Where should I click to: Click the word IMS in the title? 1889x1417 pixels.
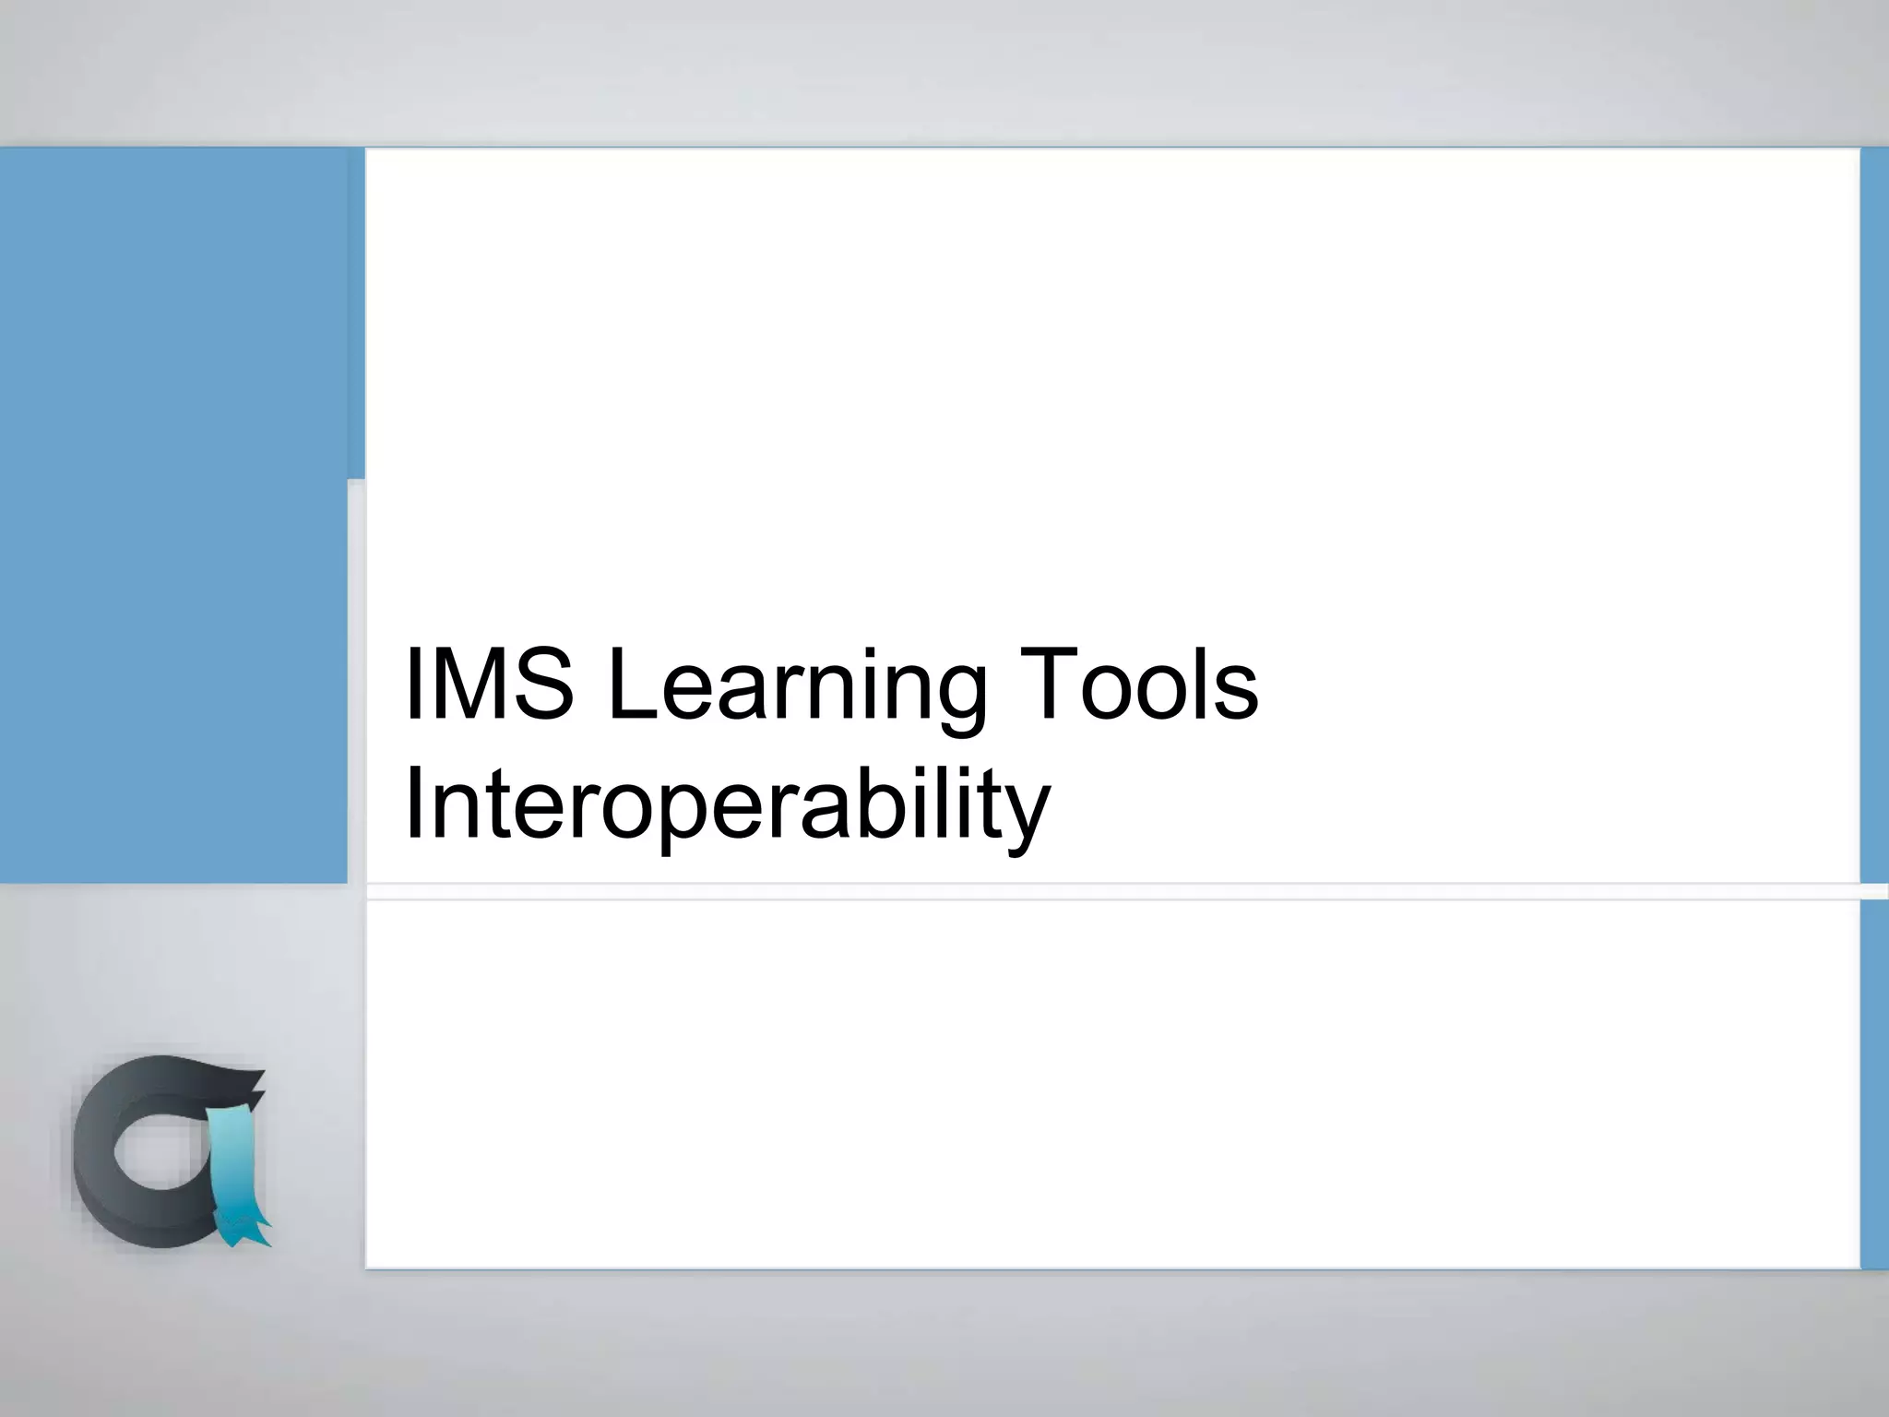tap(489, 685)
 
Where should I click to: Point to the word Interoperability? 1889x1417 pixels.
tap(727, 804)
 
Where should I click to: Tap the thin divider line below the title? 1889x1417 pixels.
tap(1107, 891)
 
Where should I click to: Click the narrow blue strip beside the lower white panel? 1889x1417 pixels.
tap(1874, 1084)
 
